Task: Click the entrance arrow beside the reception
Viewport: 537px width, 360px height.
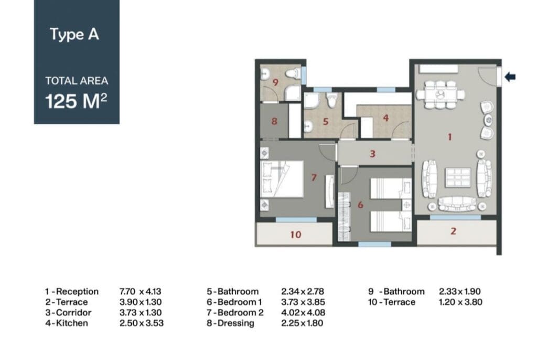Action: coord(510,77)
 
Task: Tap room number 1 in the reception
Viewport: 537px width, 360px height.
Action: coord(449,137)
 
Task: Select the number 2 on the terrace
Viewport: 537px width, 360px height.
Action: coord(453,231)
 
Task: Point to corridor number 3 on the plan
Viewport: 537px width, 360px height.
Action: coord(373,154)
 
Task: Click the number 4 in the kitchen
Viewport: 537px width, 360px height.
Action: coord(386,118)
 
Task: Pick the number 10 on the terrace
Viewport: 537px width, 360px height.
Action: coord(296,235)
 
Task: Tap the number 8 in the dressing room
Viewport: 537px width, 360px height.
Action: coord(274,121)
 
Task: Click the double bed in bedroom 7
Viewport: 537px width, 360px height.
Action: coord(282,179)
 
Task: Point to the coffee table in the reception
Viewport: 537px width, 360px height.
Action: coord(458,177)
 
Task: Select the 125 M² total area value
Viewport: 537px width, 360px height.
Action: coord(77,101)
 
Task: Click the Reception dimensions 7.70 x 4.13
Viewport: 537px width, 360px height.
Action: coord(141,291)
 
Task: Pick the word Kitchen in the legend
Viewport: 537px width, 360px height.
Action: coord(72,323)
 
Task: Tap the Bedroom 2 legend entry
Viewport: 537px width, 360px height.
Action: coord(235,312)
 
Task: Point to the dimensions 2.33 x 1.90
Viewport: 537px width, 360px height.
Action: coord(460,291)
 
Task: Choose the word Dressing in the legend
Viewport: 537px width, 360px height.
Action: coord(236,323)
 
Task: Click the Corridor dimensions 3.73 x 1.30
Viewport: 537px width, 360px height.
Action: coord(141,312)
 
